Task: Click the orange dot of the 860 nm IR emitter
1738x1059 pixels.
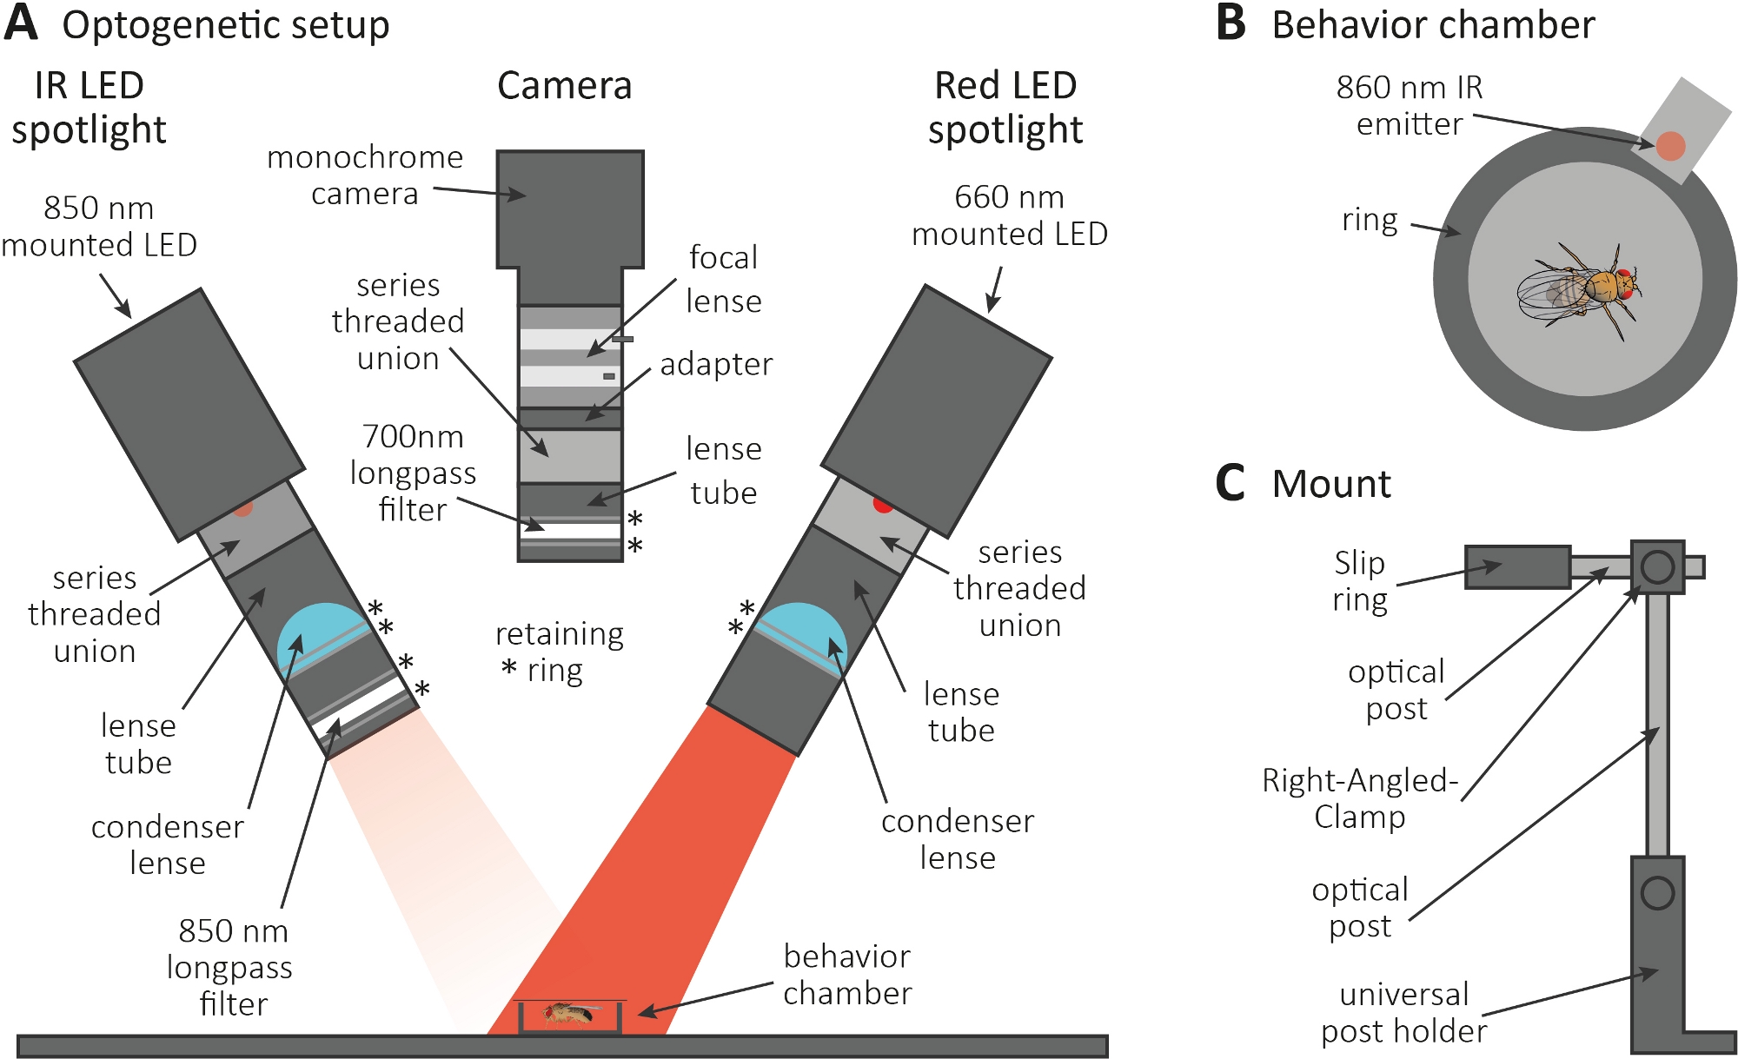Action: point(1669,146)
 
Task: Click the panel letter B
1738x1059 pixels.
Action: point(1231,23)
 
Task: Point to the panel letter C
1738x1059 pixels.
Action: point(1231,483)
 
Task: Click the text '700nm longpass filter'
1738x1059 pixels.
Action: point(413,473)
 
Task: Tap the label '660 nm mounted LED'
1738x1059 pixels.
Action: point(1009,215)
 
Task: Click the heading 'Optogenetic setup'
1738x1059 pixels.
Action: point(225,25)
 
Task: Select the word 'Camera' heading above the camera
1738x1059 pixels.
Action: point(564,86)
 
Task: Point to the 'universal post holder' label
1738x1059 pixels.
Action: point(1403,1013)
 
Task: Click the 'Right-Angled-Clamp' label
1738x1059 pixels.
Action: point(1360,798)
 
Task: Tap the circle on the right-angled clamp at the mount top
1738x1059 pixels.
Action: point(1657,567)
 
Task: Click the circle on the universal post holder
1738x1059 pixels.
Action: point(1657,893)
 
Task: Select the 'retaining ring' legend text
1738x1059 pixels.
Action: point(558,652)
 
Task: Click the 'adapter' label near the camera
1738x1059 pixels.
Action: point(716,364)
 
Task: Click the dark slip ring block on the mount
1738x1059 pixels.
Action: point(1517,567)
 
